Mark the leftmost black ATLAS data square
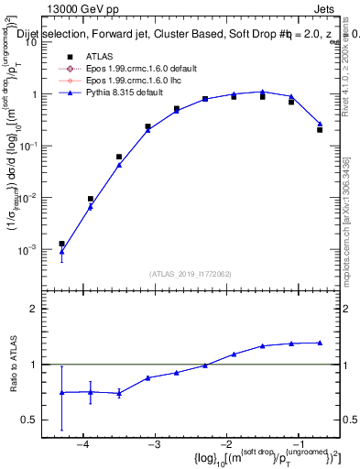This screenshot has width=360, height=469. [61, 244]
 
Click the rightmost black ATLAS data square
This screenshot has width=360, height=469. [320, 130]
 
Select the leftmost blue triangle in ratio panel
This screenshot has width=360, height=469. [61, 392]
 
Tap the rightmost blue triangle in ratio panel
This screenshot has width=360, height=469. [320, 343]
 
